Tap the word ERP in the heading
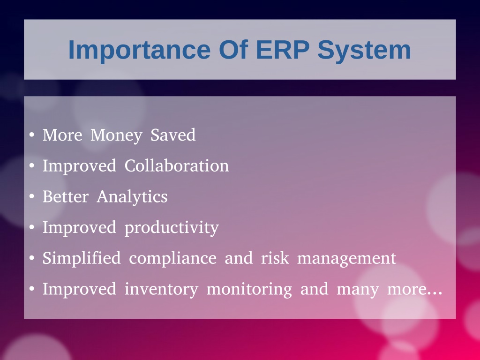pyautogui.click(x=282, y=50)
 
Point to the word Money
pyautogui.click(x=117, y=135)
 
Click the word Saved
pyautogui.click(x=173, y=135)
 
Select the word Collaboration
pyautogui.click(x=177, y=165)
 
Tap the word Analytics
pyautogui.click(x=132, y=197)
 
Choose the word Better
pyautogui.click(x=66, y=196)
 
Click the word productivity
pyautogui.click(x=172, y=228)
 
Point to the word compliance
pyautogui.click(x=172, y=258)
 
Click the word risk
pyautogui.click(x=275, y=258)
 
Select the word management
pyautogui.click(x=347, y=259)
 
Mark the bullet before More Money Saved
pyautogui.click(x=31, y=135)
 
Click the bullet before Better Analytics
pyautogui.click(x=31, y=196)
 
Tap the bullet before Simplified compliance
pyautogui.click(x=31, y=258)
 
